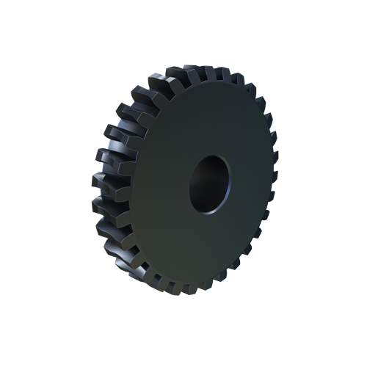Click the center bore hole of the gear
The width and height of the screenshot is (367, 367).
click(x=210, y=183)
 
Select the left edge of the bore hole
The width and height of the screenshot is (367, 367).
click(x=190, y=186)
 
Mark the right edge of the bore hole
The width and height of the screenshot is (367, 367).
click(x=230, y=180)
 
